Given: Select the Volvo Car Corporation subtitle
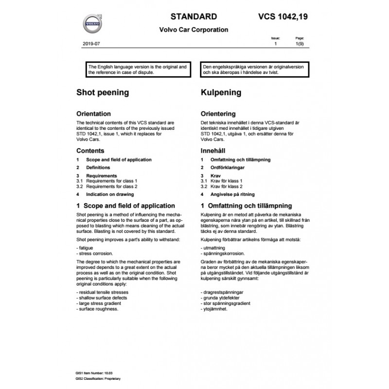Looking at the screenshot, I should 194,30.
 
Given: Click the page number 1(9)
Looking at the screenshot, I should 300,44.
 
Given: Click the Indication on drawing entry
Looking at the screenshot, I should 111,194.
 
